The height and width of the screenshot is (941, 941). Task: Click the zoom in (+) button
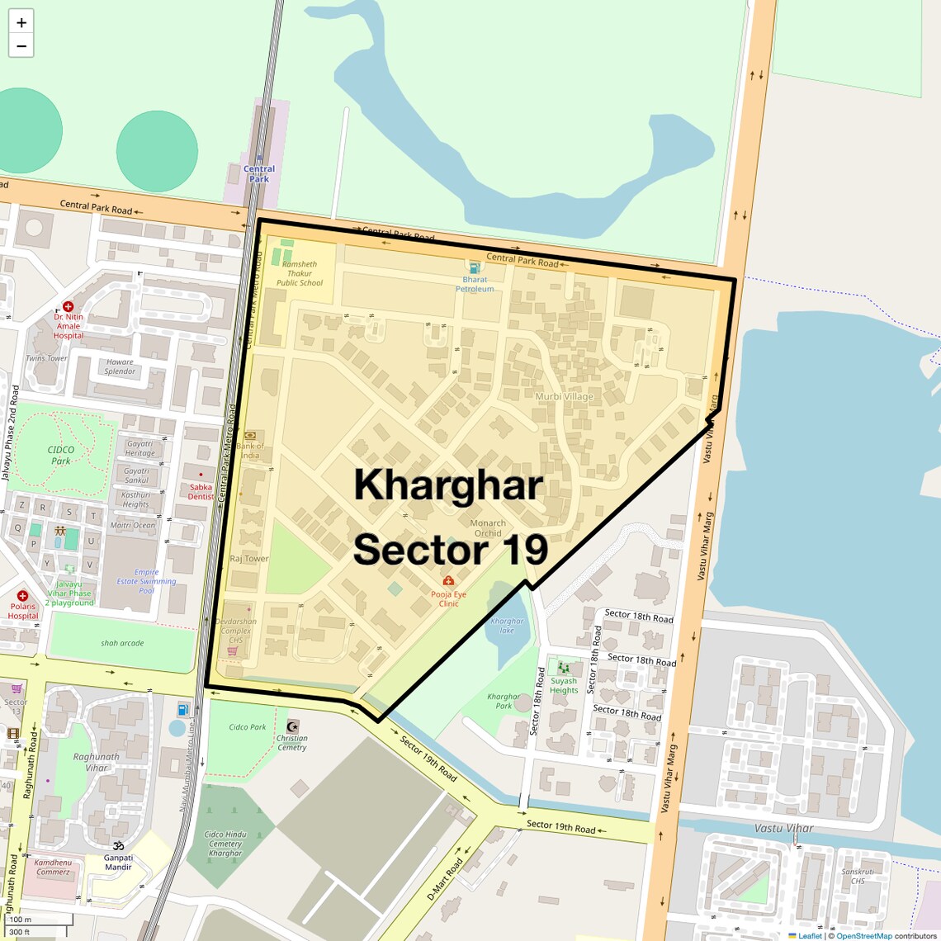[x=21, y=23]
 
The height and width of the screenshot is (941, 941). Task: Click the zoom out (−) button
[x=21, y=46]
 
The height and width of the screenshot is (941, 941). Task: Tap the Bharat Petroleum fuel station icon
[x=474, y=267]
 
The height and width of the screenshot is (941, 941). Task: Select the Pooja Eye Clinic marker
[x=448, y=581]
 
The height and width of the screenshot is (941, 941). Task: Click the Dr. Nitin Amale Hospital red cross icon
[x=69, y=306]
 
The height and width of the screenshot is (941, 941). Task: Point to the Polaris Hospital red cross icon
[x=22, y=595]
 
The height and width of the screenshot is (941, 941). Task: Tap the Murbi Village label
[x=565, y=396]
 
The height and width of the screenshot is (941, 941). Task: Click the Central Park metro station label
[x=259, y=173]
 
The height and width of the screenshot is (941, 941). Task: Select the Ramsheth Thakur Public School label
[x=300, y=273]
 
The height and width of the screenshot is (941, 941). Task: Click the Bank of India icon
[x=250, y=435]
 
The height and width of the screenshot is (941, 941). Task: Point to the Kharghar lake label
[x=507, y=626]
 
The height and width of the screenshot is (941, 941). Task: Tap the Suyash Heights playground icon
[x=564, y=667]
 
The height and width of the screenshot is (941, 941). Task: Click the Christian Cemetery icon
[x=291, y=726]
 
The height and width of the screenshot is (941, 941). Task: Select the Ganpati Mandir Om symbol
[x=118, y=846]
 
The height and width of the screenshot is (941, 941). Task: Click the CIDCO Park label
[x=61, y=455]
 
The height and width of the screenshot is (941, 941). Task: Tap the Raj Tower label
[x=249, y=559]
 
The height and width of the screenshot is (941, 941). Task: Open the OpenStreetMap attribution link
[x=863, y=935]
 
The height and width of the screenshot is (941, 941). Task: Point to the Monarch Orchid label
[x=488, y=527]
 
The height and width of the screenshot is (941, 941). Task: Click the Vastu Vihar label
[x=783, y=828]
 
